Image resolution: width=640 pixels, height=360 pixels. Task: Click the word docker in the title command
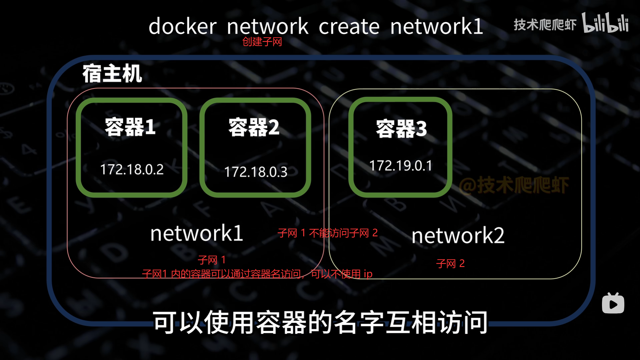click(182, 26)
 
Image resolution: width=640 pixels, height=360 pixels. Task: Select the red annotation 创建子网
click(262, 42)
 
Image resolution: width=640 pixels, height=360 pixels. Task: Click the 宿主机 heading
click(112, 73)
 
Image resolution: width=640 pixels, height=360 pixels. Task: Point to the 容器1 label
click(130, 127)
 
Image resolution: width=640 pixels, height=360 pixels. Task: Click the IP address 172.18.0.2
click(132, 169)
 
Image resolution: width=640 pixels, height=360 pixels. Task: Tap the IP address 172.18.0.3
click(255, 172)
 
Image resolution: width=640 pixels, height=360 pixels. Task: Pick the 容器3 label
click(401, 129)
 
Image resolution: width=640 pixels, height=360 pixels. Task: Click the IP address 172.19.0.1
click(400, 166)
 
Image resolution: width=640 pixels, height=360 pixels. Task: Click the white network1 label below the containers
click(197, 233)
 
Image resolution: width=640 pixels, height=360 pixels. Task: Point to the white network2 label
click(458, 236)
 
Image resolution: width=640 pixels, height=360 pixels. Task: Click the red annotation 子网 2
click(450, 264)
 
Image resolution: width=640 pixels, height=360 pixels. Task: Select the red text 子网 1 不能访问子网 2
click(327, 233)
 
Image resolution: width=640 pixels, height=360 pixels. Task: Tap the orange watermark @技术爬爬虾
click(514, 185)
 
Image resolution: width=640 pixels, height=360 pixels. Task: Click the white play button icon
click(613, 304)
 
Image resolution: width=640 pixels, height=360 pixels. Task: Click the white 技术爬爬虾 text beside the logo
click(545, 25)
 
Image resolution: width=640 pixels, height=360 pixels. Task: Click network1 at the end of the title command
click(436, 26)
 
